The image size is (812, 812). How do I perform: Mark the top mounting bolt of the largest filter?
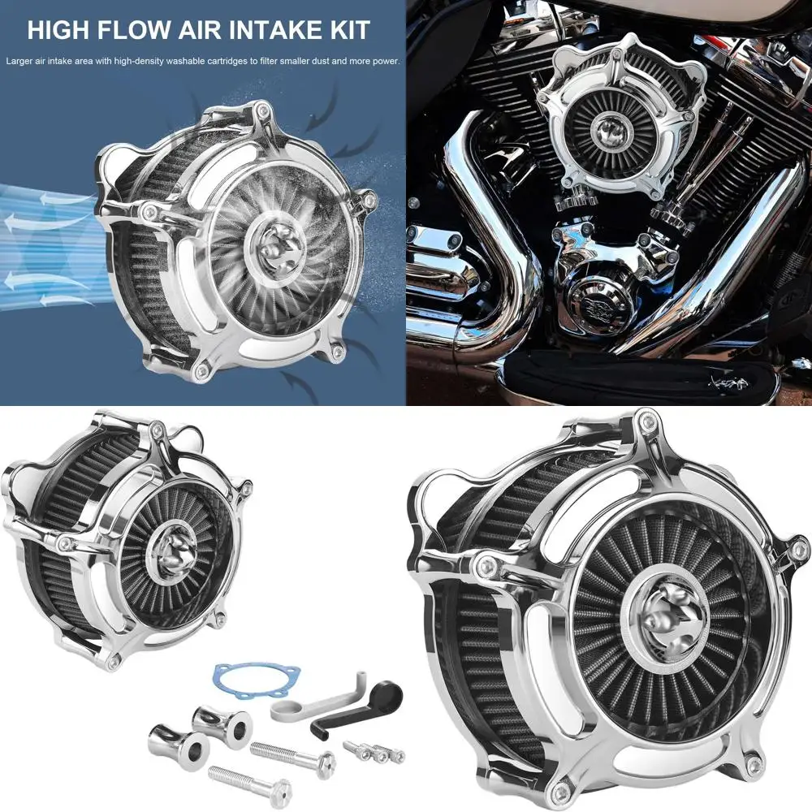point(646,420)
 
